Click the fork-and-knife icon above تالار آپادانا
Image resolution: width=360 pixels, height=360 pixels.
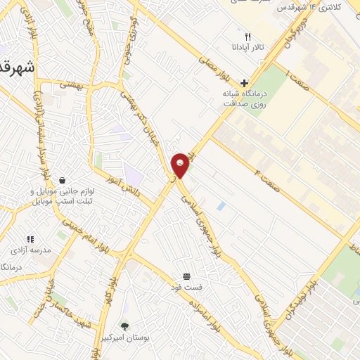[247, 36]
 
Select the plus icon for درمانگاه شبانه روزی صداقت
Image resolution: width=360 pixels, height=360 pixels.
[244, 83]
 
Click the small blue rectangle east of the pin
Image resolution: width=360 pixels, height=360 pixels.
[221, 206]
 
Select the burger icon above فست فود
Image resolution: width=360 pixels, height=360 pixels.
[186, 276]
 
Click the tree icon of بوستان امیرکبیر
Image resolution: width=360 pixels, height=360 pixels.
[125, 326]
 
